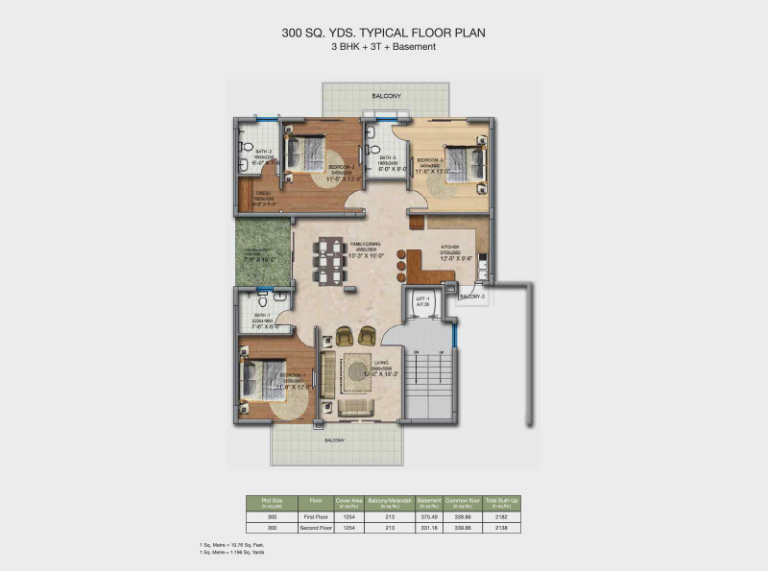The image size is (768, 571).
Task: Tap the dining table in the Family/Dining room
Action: [x=331, y=258]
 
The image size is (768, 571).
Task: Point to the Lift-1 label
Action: [x=420, y=299]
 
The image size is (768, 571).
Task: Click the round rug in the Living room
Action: [x=358, y=369]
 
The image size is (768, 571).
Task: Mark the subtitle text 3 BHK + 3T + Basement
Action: [x=384, y=47]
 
